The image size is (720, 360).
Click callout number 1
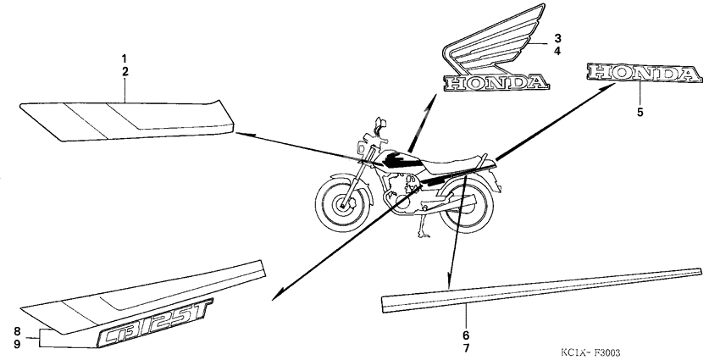click(125, 58)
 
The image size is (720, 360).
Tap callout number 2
click(125, 72)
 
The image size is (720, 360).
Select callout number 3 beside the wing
click(557, 38)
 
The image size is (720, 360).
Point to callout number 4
click(557, 51)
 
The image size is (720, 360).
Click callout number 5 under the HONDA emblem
click(640, 112)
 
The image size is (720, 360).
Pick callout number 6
click(466, 335)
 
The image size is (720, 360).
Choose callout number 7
click(466, 348)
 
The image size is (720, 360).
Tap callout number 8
click(17, 331)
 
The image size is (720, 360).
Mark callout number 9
click(17, 343)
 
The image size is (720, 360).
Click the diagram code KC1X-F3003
click(590, 352)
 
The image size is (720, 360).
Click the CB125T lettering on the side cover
click(155, 323)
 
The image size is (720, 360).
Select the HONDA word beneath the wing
click(496, 83)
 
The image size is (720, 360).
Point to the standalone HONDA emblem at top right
click(645, 74)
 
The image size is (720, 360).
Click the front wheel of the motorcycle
click(342, 203)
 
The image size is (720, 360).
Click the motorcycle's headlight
click(362, 148)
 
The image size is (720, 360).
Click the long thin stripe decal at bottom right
click(542, 291)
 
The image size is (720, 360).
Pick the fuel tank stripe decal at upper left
click(127, 120)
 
